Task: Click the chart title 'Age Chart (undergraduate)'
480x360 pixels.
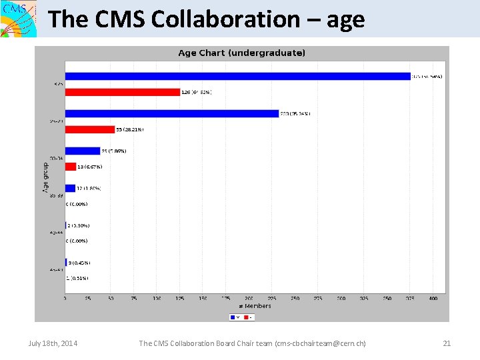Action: (242, 53)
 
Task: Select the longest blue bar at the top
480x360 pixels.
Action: (237, 76)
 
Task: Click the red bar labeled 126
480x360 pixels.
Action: (123, 92)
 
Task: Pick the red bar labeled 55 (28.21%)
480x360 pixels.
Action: (90, 129)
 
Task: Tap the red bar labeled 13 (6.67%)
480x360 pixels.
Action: (71, 167)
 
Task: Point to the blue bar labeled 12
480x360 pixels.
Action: (70, 188)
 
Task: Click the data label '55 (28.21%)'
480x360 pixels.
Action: (130, 129)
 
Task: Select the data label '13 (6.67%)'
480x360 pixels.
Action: (90, 167)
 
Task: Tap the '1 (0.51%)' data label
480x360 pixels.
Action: (77, 278)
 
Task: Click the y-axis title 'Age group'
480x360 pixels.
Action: (46, 178)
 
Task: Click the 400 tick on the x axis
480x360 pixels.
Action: (433, 299)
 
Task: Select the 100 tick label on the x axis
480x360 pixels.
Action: (157, 299)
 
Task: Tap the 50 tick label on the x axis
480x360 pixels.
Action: (111, 299)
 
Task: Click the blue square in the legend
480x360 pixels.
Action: (232, 317)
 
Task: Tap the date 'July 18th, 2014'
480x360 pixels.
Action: (53, 343)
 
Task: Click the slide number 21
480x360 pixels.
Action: (447, 343)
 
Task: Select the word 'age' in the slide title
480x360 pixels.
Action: (345, 19)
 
